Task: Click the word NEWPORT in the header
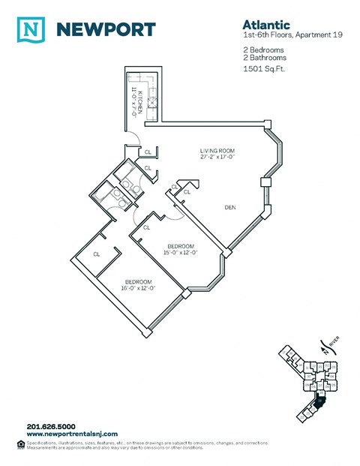click(106, 29)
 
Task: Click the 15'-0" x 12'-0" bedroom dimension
click(181, 252)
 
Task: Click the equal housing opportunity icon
click(19, 443)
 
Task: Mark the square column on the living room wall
click(264, 181)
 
